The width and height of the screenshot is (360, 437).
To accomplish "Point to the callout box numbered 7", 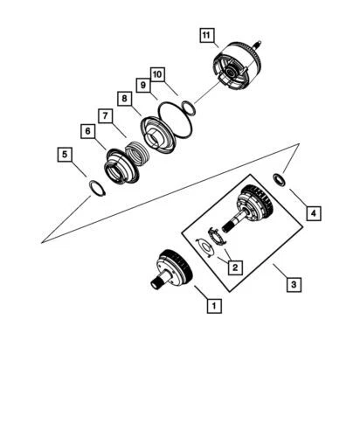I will pyautogui.click(x=104, y=115).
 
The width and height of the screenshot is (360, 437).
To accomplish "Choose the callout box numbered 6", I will pyautogui.click(x=87, y=130).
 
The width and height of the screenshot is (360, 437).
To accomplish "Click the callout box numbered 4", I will pyautogui.click(x=311, y=212).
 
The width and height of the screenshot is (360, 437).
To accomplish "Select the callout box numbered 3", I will pyautogui.click(x=295, y=284).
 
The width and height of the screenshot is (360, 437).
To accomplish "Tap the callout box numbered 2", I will pyautogui.click(x=235, y=267).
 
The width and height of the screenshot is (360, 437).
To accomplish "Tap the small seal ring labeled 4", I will pyautogui.click(x=278, y=179).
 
